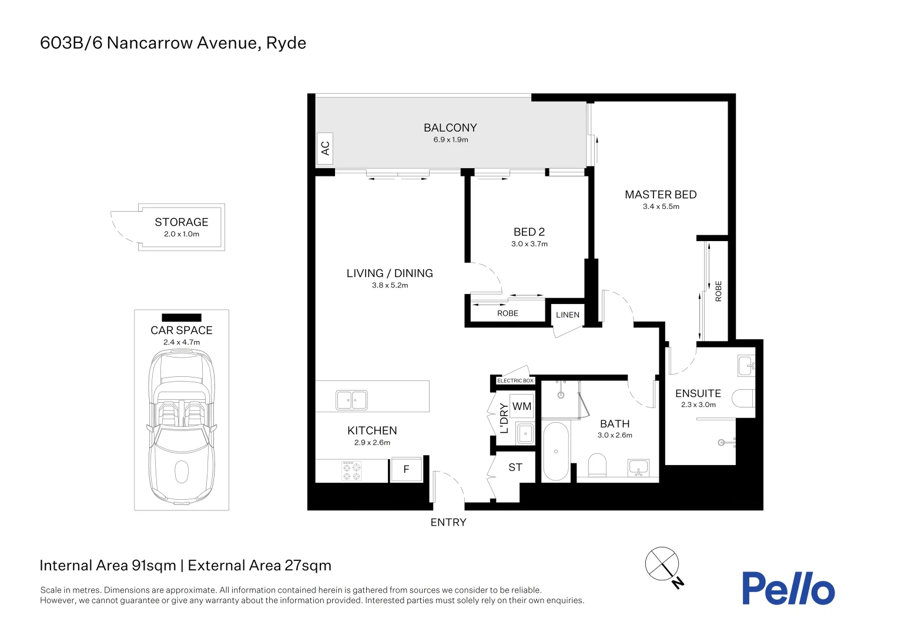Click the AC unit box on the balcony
(324, 148)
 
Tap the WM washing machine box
(522, 406)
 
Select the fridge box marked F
(406, 469)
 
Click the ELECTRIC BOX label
(515, 380)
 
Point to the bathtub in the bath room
(555, 452)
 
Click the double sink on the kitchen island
(351, 400)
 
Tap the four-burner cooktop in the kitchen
(351, 471)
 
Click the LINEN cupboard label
(568, 315)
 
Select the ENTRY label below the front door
(448, 522)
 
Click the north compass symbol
(662, 563)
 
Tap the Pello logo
(788, 588)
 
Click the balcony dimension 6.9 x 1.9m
(451, 140)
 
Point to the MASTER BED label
(661, 195)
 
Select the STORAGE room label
(182, 222)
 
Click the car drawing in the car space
(182, 426)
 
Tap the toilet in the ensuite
(743, 399)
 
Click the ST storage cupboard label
(515, 467)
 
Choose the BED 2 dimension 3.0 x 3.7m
(529, 244)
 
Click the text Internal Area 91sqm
(108, 566)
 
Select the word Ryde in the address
(286, 43)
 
